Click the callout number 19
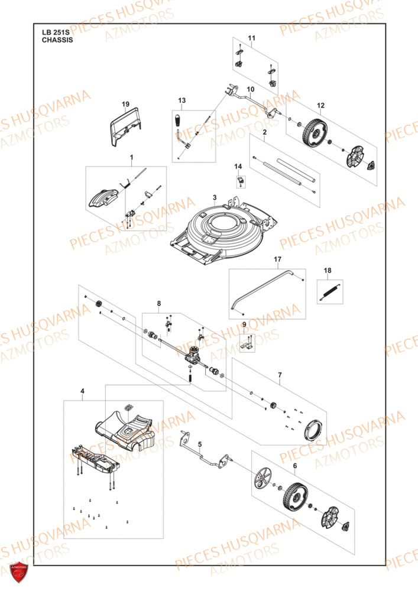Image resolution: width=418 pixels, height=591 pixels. pyautogui.click(x=125, y=104)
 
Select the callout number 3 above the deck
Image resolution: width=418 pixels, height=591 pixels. pyautogui.click(x=215, y=197)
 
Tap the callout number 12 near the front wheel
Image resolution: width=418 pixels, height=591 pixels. pyautogui.click(x=320, y=106)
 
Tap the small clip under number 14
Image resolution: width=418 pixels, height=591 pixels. pyautogui.click(x=240, y=181)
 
